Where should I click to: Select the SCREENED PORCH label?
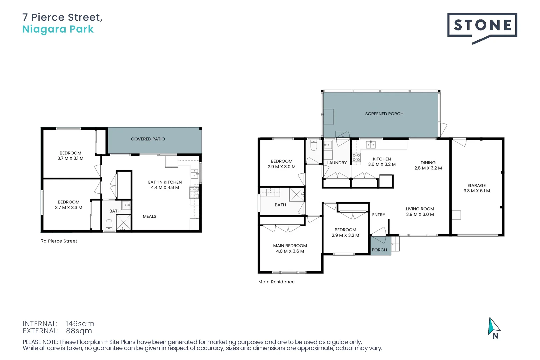(x=384, y=114)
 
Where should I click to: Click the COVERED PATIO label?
(x=148, y=139)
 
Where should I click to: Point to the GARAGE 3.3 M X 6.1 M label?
(x=476, y=188)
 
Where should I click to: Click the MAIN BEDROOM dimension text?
(x=290, y=251)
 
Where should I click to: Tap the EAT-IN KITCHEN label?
(x=165, y=182)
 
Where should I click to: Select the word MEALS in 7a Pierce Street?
(x=149, y=217)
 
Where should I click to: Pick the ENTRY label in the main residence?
(x=378, y=215)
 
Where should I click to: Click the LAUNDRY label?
(x=337, y=163)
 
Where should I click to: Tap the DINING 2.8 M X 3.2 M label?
(x=428, y=166)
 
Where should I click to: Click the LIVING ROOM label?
(x=420, y=209)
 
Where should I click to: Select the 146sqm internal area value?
(x=80, y=324)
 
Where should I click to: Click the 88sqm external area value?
(x=79, y=331)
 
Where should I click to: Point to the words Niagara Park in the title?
(x=58, y=29)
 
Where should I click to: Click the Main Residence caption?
(x=276, y=282)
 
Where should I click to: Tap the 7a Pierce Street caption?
(x=59, y=241)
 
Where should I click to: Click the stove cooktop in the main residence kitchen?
(x=356, y=158)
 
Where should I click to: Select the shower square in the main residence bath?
(x=296, y=194)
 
